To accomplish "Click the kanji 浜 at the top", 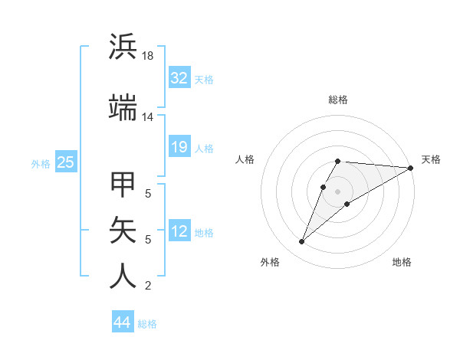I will [x=123, y=47].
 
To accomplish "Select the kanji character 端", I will [x=123, y=108].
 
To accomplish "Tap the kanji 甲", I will [x=123, y=186].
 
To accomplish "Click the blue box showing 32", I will [x=179, y=78].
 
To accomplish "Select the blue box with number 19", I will [x=179, y=147].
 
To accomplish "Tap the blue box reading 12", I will [x=179, y=231].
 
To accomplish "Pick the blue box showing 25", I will [x=65, y=162].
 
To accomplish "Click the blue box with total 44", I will [x=122, y=322].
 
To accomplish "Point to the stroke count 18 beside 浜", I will [x=148, y=57].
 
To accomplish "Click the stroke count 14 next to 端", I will [x=148, y=117].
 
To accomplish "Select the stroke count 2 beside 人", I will [x=148, y=286].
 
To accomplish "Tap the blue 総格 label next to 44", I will [x=147, y=324].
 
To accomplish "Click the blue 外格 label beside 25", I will [x=40, y=163].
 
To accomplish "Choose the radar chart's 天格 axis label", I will [x=431, y=159].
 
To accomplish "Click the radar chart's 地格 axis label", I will [x=402, y=262].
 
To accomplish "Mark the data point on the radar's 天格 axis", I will [x=411, y=168].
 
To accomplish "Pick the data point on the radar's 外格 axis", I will [x=302, y=242].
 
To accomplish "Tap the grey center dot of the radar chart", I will [x=338, y=191].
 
